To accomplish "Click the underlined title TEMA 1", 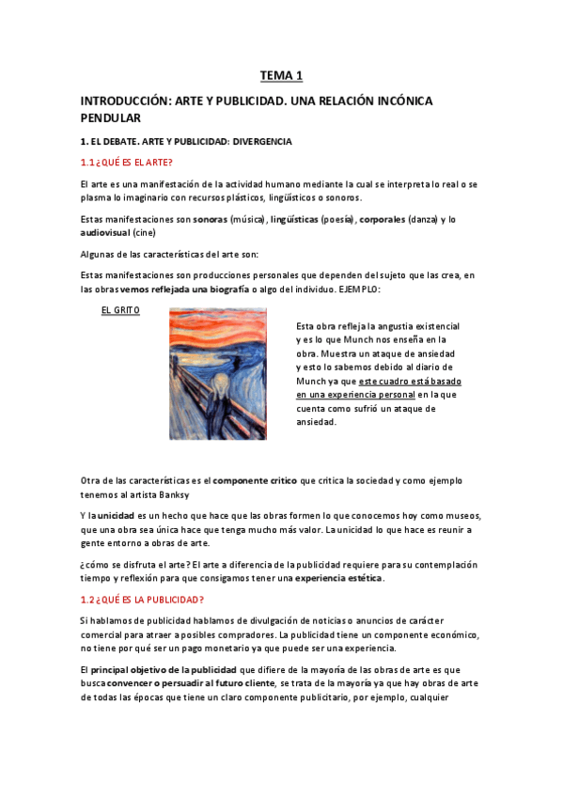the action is (282, 75).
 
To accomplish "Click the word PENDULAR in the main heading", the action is (110, 118).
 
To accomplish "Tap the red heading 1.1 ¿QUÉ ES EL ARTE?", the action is (127, 163).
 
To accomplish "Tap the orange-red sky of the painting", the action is (226, 329).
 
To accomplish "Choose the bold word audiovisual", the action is (105, 231).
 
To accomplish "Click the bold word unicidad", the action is (119, 517).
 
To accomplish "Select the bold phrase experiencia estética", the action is (338, 578).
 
